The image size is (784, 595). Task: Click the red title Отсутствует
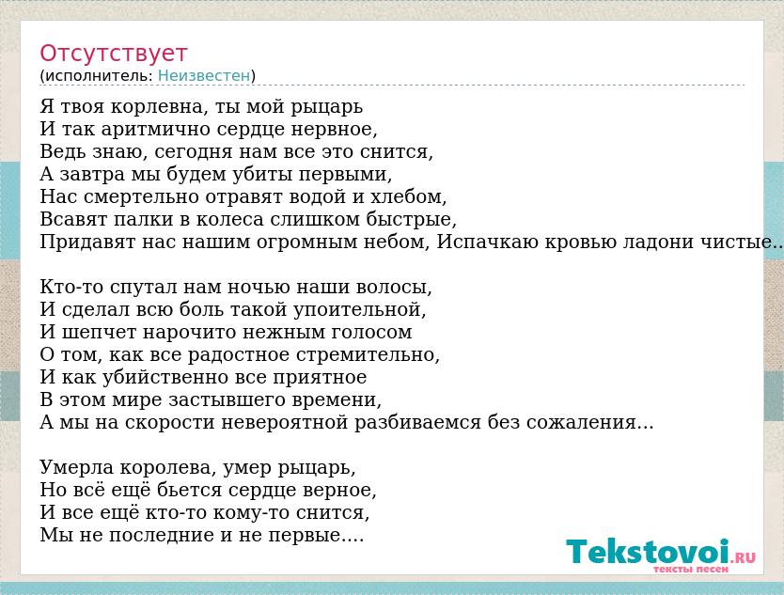114,53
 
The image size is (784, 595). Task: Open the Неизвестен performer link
203,75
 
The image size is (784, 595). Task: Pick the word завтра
92,174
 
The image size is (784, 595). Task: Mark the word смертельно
142,196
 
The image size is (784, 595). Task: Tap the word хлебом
409,196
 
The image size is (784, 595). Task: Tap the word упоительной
359,310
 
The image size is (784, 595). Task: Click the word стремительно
368,355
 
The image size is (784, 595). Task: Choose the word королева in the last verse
168,467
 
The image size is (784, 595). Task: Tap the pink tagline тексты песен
691,569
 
